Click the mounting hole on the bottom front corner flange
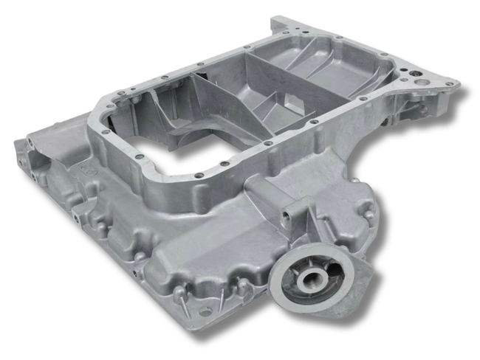pos(203,313)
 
